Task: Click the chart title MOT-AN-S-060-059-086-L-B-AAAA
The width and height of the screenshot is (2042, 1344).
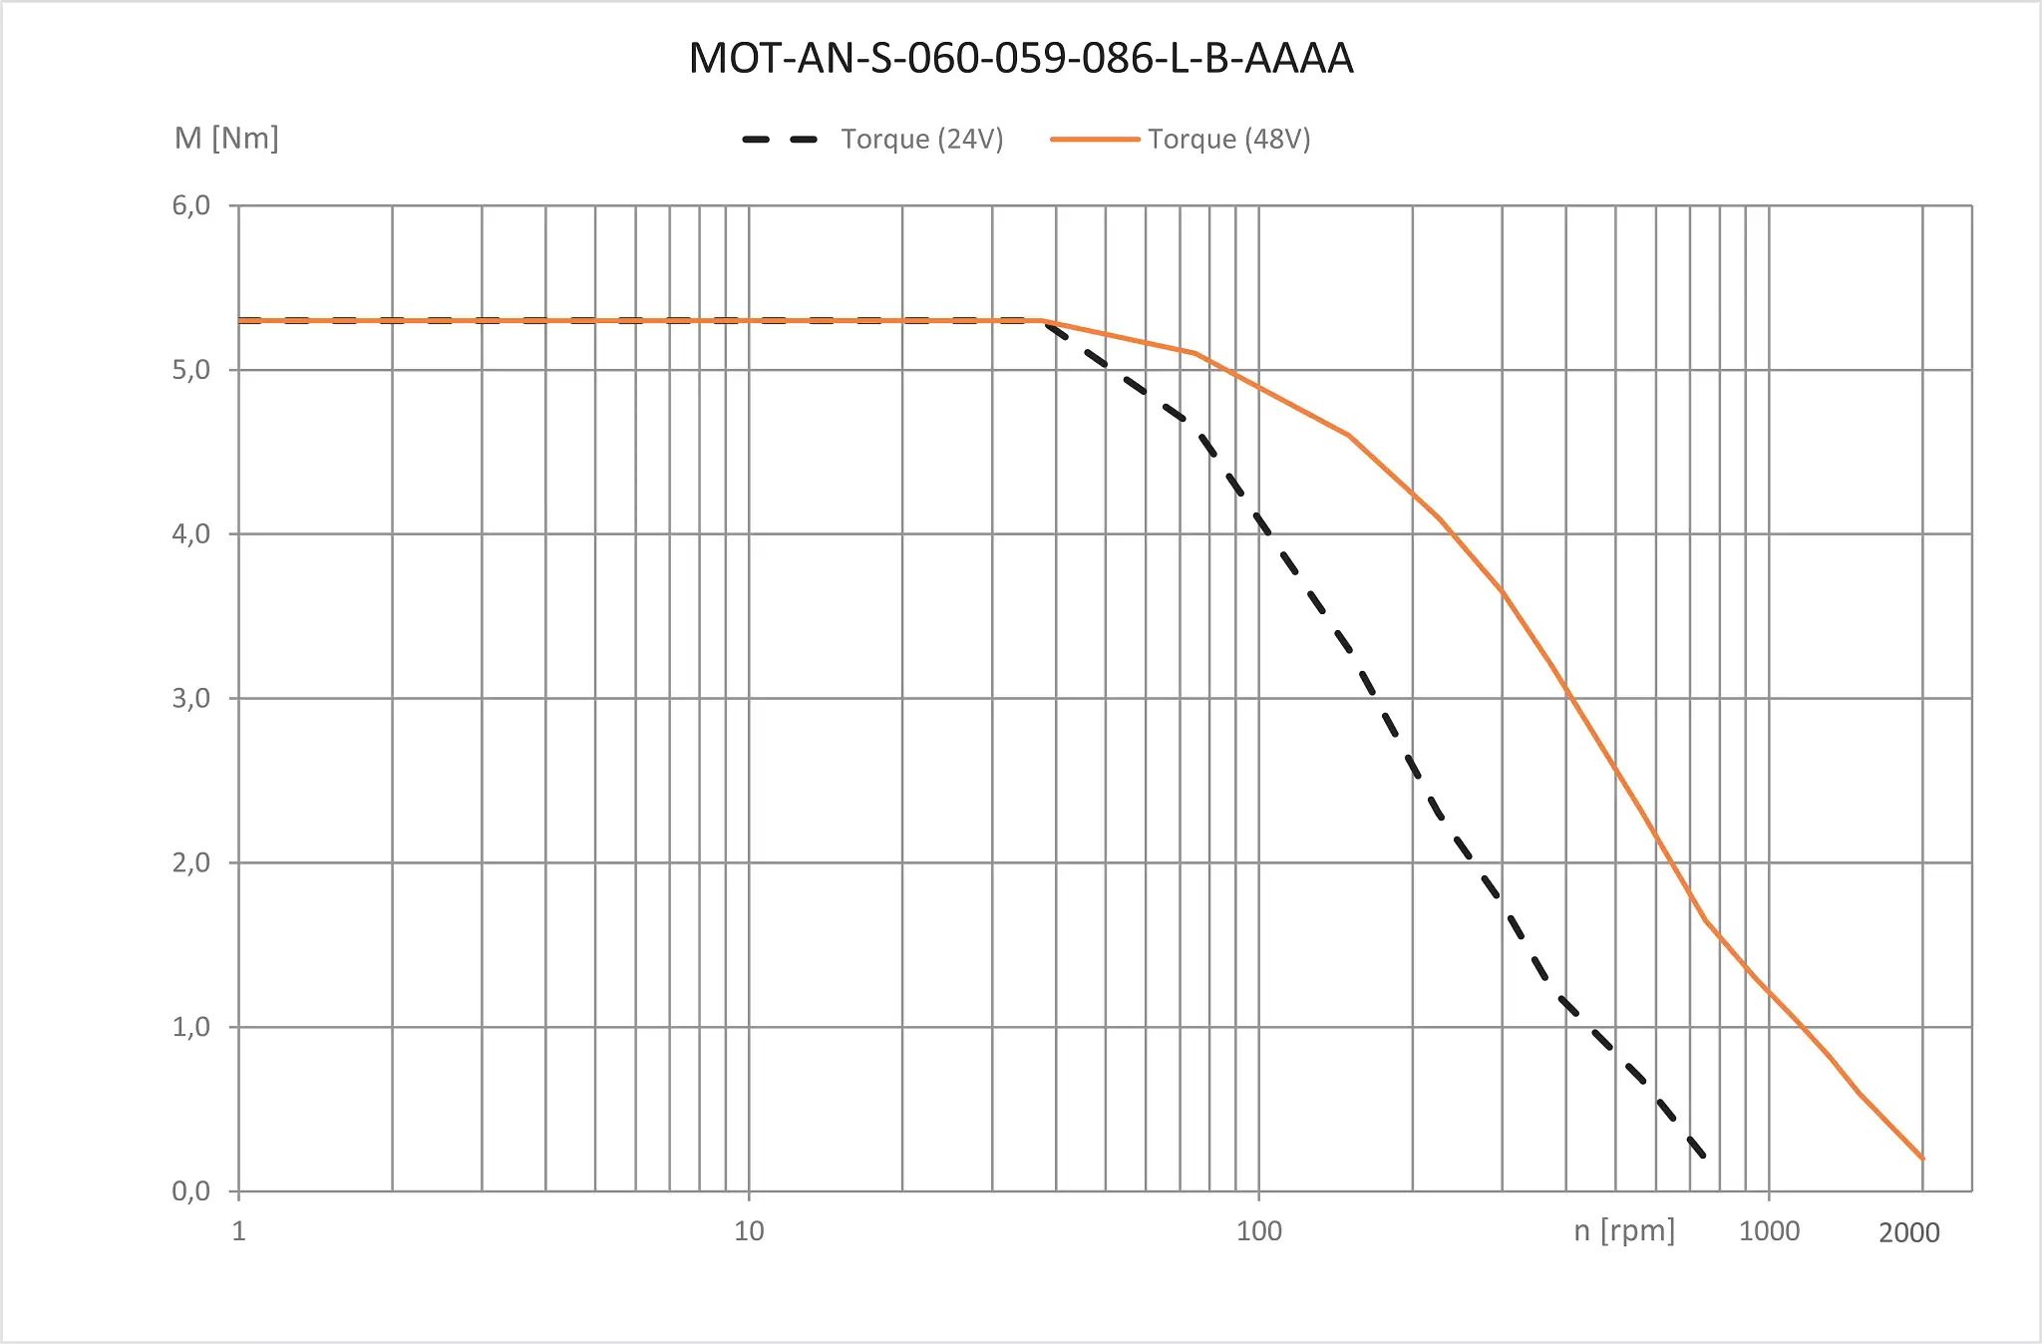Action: click(x=1021, y=58)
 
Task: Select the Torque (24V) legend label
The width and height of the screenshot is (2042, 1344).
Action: click(x=921, y=139)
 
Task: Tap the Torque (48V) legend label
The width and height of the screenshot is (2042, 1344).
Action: click(x=1228, y=139)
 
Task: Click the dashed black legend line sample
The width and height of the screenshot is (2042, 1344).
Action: click(x=780, y=140)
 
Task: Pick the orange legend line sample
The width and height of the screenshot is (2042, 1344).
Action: click(x=1095, y=140)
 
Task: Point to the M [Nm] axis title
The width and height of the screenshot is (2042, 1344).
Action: click(x=226, y=138)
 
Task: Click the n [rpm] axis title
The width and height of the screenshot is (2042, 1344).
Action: click(x=1624, y=1230)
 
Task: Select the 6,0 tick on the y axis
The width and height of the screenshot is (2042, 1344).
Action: click(x=191, y=205)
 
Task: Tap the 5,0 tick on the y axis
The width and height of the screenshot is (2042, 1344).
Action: click(x=191, y=370)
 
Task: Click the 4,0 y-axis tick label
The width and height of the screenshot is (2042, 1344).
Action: click(x=191, y=534)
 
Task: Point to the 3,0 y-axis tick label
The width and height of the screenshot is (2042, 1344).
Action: click(x=191, y=698)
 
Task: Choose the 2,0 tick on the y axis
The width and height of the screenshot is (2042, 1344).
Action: click(x=191, y=862)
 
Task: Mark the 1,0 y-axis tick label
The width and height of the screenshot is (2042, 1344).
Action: click(x=191, y=1027)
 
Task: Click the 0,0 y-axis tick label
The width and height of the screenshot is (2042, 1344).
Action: click(x=191, y=1190)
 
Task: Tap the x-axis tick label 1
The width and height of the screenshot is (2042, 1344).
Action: click(x=239, y=1231)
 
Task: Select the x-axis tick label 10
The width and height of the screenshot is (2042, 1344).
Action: click(x=749, y=1231)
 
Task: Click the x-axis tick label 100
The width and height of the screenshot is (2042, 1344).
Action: click(x=1259, y=1231)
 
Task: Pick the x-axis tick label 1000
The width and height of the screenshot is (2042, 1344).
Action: click(x=1769, y=1231)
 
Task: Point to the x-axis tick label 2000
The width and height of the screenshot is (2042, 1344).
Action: click(x=1909, y=1233)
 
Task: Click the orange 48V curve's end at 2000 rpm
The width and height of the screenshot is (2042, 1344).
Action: click(x=1922, y=1159)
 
